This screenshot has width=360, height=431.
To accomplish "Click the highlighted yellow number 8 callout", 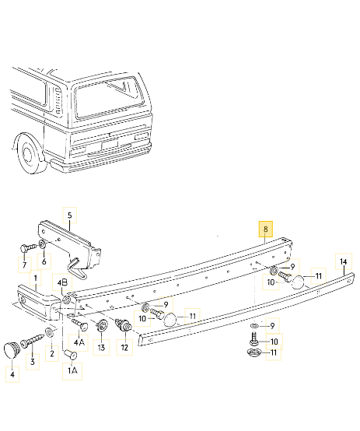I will [266, 230].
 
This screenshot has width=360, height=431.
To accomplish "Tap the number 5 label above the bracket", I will [68, 215].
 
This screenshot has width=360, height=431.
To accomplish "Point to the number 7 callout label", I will [24, 266].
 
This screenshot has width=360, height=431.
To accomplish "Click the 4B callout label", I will [63, 281].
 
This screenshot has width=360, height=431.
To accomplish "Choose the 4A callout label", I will [79, 342].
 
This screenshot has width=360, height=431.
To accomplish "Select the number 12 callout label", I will [124, 348].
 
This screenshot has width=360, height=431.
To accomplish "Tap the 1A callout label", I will [72, 372].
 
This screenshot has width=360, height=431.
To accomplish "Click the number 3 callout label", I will [32, 362].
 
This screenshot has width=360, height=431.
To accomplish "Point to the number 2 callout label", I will [52, 354].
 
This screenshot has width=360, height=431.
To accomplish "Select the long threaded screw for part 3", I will [32, 339].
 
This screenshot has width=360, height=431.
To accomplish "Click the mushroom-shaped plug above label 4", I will [11, 347].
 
